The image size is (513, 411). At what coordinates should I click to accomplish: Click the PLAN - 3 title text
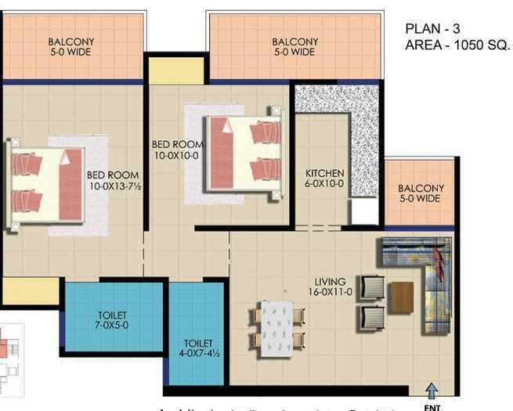coord(434,29)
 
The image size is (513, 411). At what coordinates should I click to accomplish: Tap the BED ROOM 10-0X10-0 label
coord(177,150)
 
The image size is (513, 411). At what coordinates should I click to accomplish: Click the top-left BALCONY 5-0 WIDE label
coord(71,47)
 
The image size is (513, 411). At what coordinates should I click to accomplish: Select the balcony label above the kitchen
coord(295,47)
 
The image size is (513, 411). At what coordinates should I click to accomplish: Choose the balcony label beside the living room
coord(421,193)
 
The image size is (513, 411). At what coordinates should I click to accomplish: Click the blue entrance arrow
coord(431,389)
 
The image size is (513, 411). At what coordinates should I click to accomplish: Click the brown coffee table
coord(401,297)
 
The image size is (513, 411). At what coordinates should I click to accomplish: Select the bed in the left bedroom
coord(47,185)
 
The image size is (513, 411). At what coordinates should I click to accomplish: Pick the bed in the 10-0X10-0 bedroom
coord(244,153)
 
